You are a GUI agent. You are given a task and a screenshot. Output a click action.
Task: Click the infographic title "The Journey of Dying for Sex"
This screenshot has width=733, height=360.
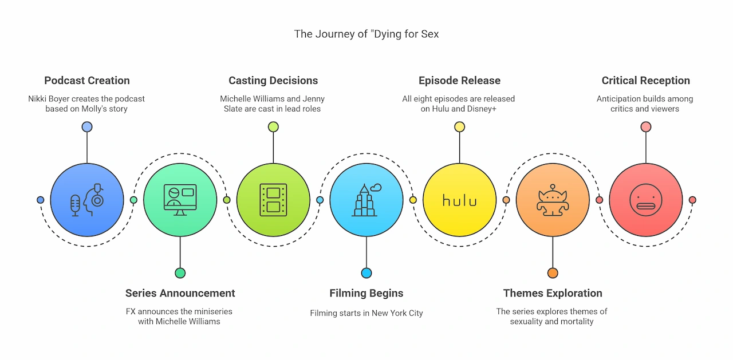tap(366, 34)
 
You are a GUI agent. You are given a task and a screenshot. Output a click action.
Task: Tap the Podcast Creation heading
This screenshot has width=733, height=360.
tap(87, 81)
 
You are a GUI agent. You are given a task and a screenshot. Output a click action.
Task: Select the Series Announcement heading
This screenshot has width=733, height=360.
tap(180, 293)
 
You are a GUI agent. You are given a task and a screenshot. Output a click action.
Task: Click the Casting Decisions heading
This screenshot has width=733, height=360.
tap(273, 81)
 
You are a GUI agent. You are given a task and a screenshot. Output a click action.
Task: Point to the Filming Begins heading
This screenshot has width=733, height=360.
tap(366, 293)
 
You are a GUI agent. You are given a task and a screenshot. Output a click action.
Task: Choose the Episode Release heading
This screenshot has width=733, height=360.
tap(459, 81)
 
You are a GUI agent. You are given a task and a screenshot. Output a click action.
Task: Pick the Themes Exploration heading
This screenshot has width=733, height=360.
tap(553, 293)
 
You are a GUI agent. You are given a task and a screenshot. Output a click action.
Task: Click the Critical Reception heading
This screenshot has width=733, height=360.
tap(645, 81)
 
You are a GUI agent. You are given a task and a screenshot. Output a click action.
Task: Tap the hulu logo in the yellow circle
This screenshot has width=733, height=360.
tap(459, 200)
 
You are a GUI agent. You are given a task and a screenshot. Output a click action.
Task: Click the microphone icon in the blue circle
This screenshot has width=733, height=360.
tap(75, 205)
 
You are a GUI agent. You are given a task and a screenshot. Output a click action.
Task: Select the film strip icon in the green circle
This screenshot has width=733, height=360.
tap(273, 200)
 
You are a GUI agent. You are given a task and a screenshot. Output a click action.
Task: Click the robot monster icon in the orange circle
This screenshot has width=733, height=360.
tap(553, 200)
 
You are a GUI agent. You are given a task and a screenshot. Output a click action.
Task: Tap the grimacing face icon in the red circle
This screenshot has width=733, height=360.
tap(645, 200)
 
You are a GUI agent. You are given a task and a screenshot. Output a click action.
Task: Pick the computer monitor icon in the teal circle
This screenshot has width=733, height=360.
tap(180, 200)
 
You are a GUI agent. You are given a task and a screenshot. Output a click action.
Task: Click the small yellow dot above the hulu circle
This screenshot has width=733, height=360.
tap(459, 127)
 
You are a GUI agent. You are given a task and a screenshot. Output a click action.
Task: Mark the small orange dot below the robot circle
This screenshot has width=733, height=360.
tap(553, 273)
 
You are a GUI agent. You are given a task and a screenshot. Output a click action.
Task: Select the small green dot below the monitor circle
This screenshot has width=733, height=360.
tap(180, 273)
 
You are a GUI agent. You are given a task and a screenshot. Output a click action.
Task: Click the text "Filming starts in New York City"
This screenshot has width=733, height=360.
tap(366, 313)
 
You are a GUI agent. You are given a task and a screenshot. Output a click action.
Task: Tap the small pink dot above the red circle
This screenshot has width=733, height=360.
tap(645, 127)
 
